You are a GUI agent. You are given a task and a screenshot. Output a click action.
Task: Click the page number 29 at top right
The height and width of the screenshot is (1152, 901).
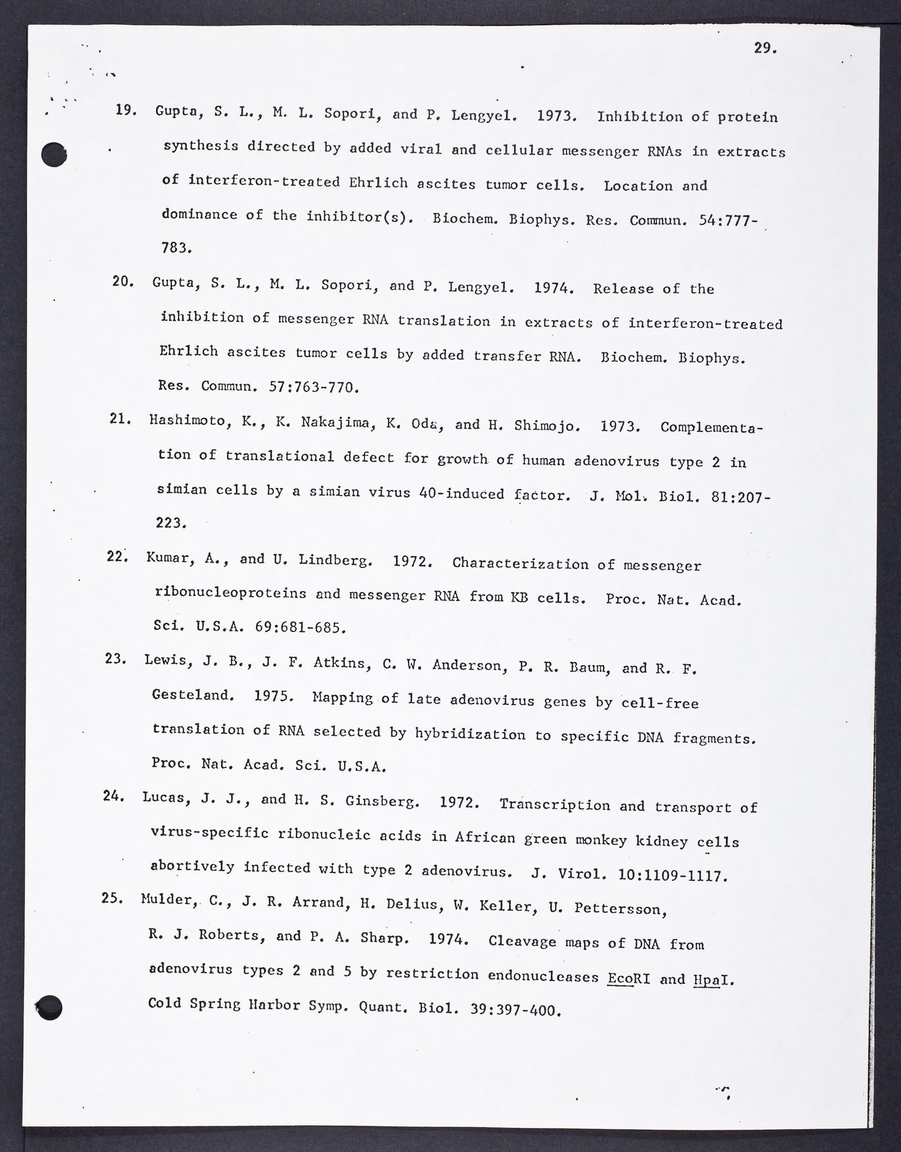click(765, 48)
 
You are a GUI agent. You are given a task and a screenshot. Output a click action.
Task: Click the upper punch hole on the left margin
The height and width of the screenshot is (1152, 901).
click(55, 154)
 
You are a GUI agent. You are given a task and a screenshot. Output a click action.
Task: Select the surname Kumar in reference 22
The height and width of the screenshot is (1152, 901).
click(167, 558)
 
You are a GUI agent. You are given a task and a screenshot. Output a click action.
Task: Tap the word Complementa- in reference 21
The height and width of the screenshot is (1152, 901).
click(712, 427)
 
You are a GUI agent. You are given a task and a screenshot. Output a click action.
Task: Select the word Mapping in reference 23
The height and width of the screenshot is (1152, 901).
click(342, 698)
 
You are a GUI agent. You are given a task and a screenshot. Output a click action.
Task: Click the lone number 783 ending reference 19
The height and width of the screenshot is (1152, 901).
click(176, 247)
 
